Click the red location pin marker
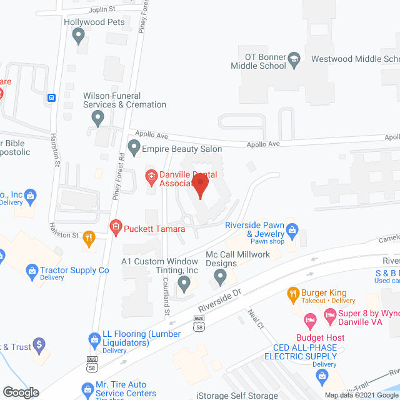point(200,186)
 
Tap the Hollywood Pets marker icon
point(79,37)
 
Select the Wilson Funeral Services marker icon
point(97,117)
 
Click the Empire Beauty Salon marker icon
point(133,148)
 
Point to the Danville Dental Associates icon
point(151,177)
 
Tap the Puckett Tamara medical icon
point(115,227)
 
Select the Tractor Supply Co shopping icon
point(31,271)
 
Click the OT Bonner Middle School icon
point(294,60)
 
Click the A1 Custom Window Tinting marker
point(183,284)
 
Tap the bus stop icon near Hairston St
point(51,97)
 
